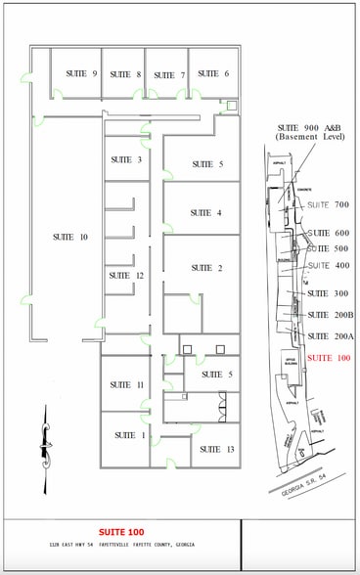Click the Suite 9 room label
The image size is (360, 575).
81,74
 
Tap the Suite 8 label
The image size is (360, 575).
126,74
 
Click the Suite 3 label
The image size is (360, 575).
126,159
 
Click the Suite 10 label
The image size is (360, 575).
70,238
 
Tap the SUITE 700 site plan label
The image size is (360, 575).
328,205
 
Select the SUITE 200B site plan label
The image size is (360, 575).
330,315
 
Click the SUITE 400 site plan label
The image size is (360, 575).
328,266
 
